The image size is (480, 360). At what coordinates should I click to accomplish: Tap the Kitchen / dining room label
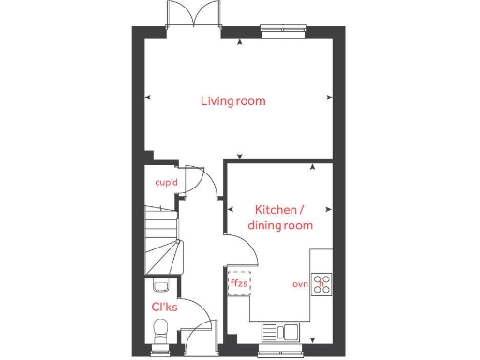[x=279, y=217]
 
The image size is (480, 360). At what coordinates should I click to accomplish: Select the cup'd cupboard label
[x=166, y=183]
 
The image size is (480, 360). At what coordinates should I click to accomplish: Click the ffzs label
[x=240, y=282]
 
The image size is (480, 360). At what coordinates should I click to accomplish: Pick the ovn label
[x=300, y=283]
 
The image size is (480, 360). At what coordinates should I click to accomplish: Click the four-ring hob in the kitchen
[x=322, y=282]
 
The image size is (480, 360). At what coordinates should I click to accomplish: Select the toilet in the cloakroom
[x=161, y=330]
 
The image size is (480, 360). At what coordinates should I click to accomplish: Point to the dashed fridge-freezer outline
[x=240, y=282]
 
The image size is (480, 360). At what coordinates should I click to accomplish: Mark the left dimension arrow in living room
[x=146, y=97]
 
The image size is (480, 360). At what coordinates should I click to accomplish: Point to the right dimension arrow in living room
[x=329, y=97]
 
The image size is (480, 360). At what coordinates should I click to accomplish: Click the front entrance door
[x=199, y=334]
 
